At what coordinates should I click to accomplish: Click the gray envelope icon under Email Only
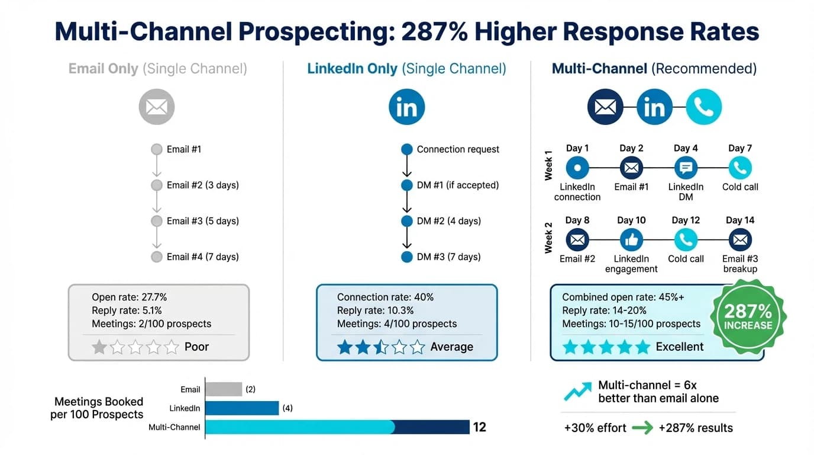coord(157,107)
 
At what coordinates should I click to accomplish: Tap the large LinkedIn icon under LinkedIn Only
coord(406,107)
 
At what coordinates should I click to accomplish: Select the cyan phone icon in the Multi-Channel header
coord(704,107)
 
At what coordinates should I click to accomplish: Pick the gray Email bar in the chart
coord(224,389)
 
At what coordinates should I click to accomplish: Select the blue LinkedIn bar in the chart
coord(242,408)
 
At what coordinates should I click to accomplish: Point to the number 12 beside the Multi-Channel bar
coord(479,427)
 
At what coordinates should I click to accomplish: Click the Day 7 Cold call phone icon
coord(740,168)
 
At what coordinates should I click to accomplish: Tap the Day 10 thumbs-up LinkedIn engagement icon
coord(631,240)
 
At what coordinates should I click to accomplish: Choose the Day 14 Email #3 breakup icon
coord(740,240)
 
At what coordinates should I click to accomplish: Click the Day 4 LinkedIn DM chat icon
coord(686,168)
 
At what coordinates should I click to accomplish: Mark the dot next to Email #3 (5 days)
coord(157,221)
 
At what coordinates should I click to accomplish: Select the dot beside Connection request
coord(406,149)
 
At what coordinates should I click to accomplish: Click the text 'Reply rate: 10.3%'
coord(375,310)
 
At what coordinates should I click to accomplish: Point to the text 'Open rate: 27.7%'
coord(129,297)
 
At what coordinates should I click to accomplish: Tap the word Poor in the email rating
coord(196,347)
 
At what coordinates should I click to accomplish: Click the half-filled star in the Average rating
coord(381,347)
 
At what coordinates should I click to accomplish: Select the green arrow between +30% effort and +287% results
coord(642,428)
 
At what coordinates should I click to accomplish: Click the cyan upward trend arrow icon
coord(577,392)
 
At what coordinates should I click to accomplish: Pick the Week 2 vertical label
coord(548,238)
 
